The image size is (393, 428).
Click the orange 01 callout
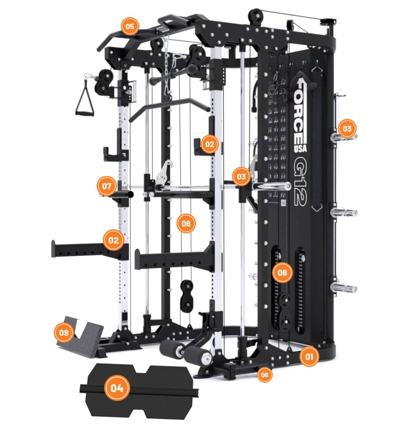pos(309,357)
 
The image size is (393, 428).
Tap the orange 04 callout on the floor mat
pos(117,388)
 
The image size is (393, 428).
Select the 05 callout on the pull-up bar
pos(130,26)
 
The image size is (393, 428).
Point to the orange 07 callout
pos(107,186)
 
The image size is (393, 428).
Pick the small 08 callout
pos(265,375)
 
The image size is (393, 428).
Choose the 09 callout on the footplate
pos(64,333)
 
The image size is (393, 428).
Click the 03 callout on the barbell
pos(241,177)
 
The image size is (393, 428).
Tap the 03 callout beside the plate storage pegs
pos(347,128)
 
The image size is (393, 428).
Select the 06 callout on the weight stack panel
pos(283,272)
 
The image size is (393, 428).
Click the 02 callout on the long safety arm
pos(113,240)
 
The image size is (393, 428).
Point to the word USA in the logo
pos(301,148)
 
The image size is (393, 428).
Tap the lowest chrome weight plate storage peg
pos(344,288)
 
